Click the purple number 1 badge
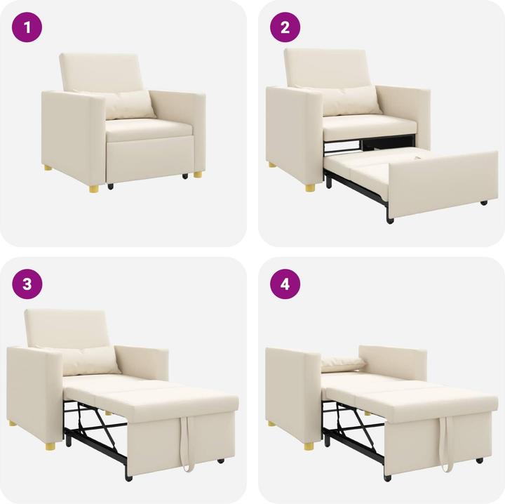click(x=27, y=27)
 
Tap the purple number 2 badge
click(x=285, y=27)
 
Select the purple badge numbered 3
click(x=27, y=284)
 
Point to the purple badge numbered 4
click(x=285, y=284)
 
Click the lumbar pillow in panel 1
click(x=129, y=105)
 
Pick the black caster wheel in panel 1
click(x=109, y=187)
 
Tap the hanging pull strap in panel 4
click(x=445, y=442)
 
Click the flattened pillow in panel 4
click(x=343, y=364)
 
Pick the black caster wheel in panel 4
click(x=479, y=460)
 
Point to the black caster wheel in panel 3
click(x=221, y=461)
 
